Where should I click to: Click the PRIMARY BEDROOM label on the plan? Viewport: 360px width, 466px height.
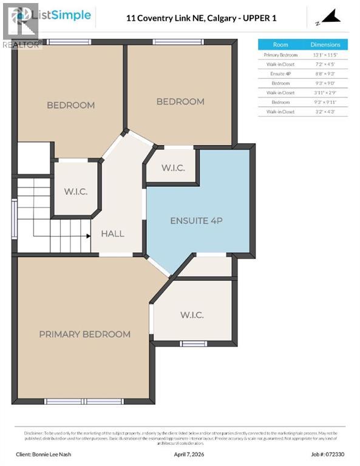click(x=84, y=334)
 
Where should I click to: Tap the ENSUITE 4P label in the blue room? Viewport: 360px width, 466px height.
click(x=196, y=220)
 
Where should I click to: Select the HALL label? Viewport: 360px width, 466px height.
click(x=112, y=234)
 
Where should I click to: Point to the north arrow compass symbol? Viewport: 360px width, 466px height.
click(x=328, y=18)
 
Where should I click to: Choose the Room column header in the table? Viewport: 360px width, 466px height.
click(x=280, y=44)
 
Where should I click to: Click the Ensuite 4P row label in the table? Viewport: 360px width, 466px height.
click(x=280, y=73)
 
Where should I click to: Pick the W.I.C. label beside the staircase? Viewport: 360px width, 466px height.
click(x=76, y=192)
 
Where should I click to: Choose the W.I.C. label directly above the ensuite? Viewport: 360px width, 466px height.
click(x=173, y=168)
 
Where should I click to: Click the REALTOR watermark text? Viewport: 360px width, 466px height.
click(x=22, y=44)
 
